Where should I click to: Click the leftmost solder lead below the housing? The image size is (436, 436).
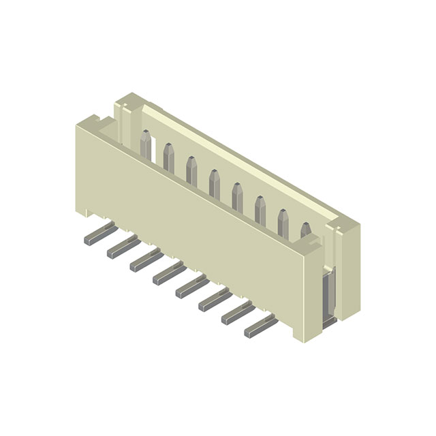tap(97, 236)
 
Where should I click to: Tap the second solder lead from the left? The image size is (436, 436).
tap(121, 248)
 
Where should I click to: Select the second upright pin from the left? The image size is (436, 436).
tap(168, 157)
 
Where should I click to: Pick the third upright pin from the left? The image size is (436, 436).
tap(191, 170)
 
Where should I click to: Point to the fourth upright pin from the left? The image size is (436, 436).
tap(215, 183)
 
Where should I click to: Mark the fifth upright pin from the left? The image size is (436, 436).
tap(237, 196)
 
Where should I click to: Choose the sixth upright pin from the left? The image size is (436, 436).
tap(260, 208)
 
